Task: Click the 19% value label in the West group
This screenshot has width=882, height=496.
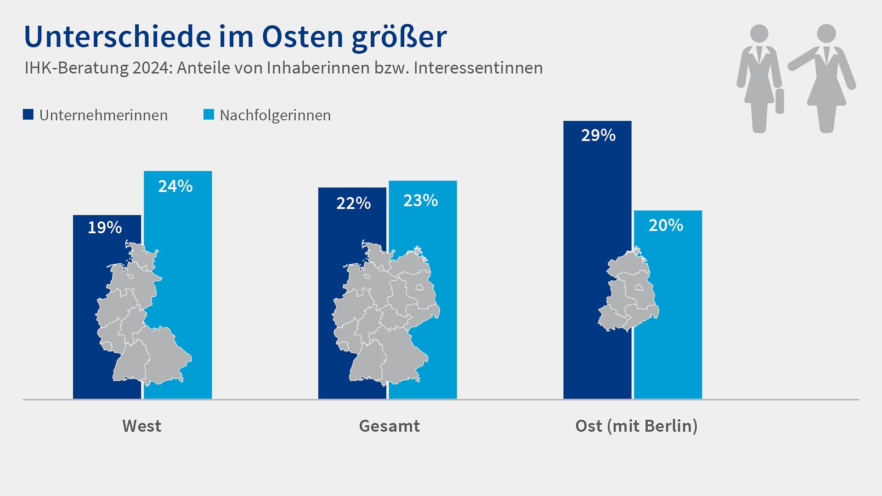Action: point(105,228)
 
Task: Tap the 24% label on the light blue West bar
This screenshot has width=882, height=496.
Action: point(175,186)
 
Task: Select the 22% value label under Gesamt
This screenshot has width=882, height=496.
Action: point(353,203)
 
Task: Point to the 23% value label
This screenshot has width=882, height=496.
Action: point(420,201)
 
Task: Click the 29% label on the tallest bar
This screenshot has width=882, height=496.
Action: point(598,135)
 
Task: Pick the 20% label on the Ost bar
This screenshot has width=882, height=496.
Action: point(666,225)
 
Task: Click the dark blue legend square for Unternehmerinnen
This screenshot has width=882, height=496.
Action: point(28,114)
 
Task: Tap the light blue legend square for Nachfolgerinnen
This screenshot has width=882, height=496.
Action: point(209,114)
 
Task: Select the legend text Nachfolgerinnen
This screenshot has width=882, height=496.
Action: point(275,115)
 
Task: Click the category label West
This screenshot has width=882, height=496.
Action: point(141,426)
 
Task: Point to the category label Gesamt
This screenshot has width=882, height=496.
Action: point(389,426)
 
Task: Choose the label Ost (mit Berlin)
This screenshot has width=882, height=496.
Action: point(636,426)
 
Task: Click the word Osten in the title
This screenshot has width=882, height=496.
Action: point(302,37)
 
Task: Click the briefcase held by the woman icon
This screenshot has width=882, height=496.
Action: point(780,101)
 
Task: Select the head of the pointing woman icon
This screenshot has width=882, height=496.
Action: point(826,34)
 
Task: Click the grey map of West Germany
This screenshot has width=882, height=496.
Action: point(138,317)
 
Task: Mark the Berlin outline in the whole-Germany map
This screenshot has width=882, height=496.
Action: point(419,287)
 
